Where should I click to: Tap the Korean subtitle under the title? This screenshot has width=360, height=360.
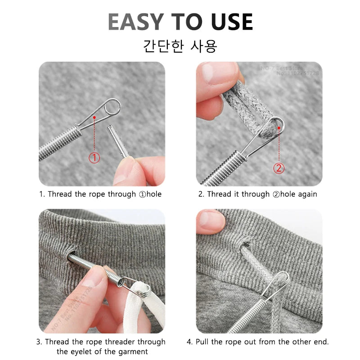[180, 46]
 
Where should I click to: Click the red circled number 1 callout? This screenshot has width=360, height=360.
[94, 158]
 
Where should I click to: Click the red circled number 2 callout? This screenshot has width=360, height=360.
[279, 169]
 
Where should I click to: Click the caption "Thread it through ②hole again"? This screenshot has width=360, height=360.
[258, 194]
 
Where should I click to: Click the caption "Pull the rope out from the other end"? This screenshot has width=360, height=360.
[258, 342]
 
